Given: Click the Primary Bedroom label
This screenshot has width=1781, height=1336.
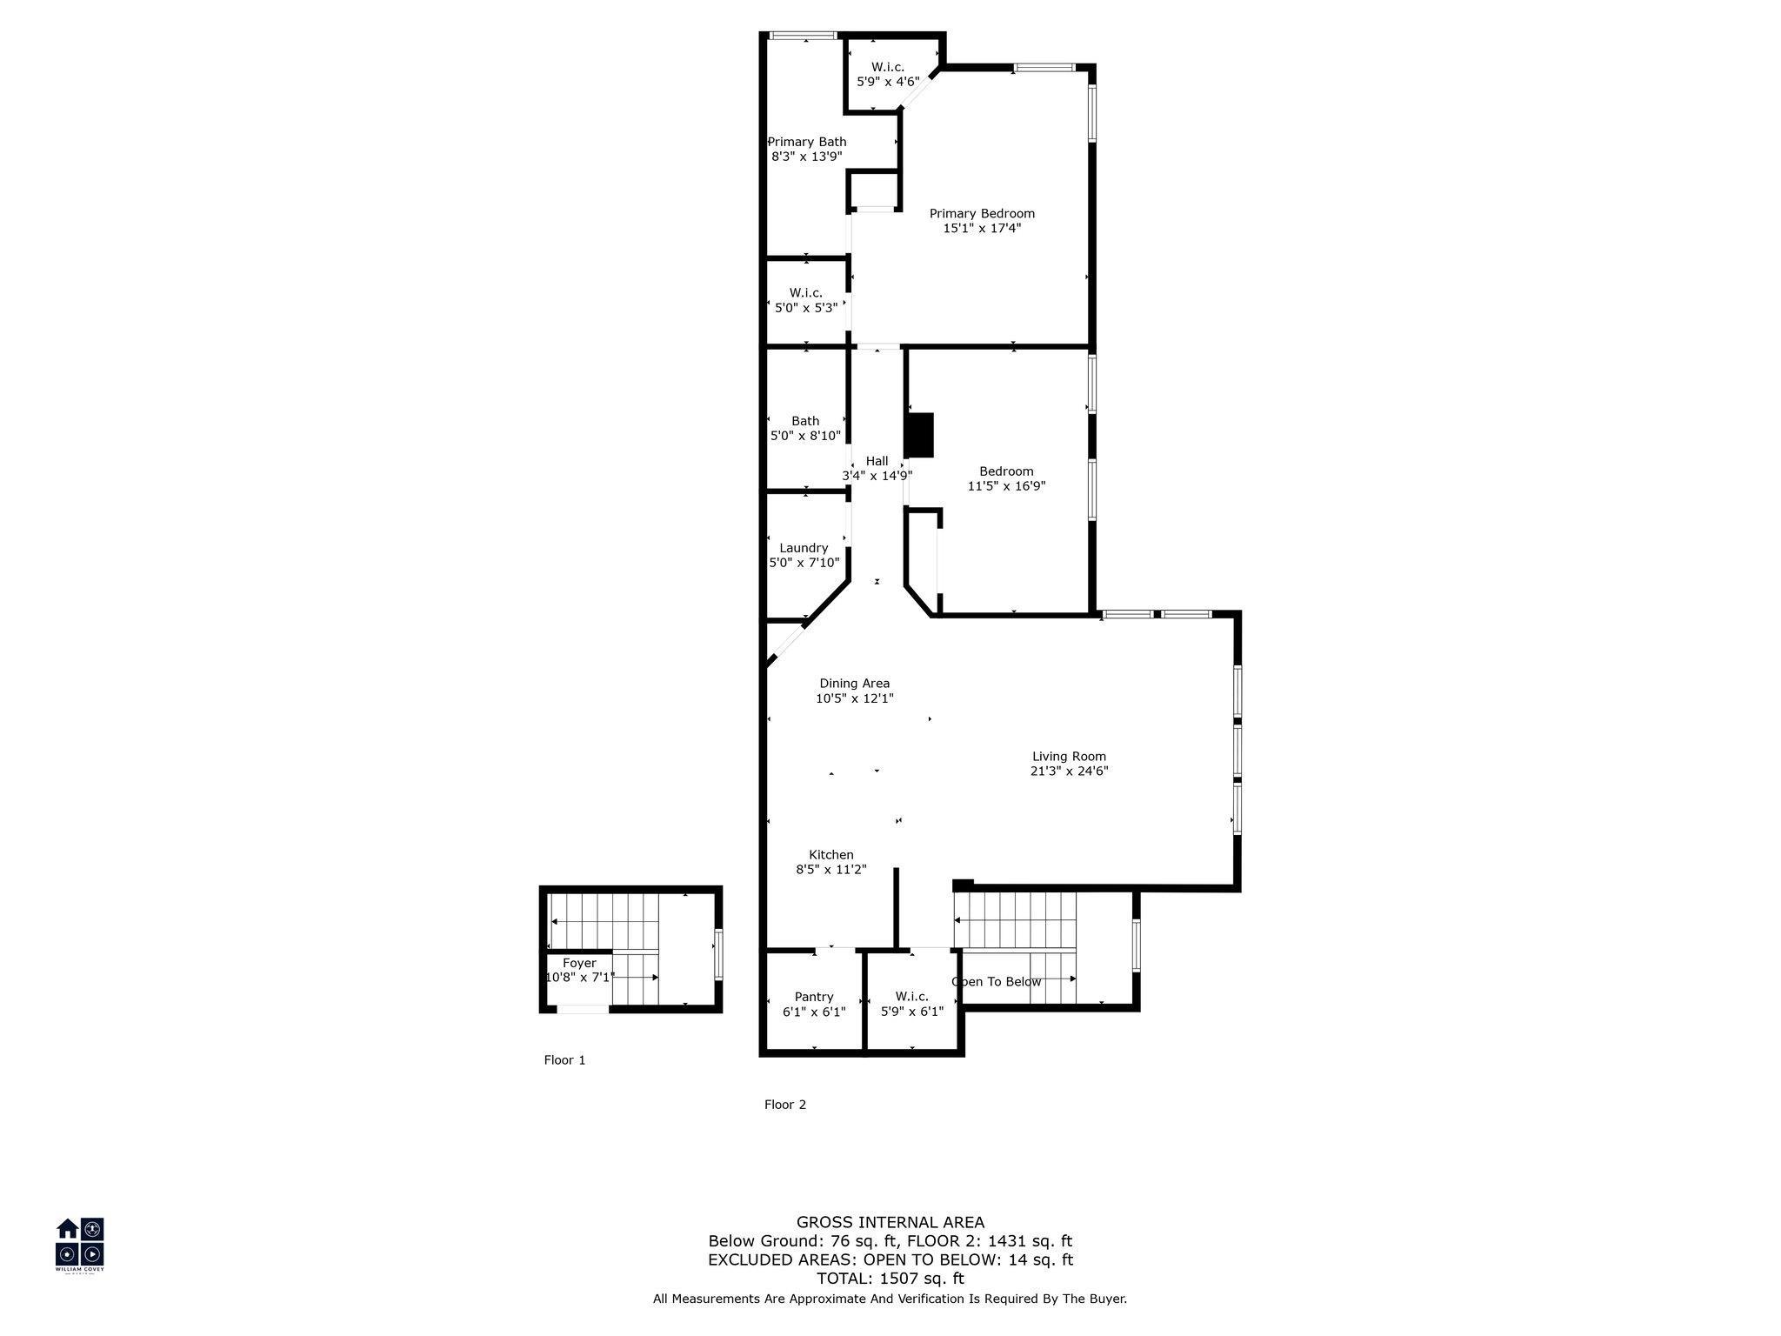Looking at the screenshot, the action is (x=982, y=213).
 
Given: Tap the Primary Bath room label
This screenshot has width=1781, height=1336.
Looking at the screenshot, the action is (x=807, y=142).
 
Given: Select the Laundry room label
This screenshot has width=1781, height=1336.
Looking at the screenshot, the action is (x=804, y=548).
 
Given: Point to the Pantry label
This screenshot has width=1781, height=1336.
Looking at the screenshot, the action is (x=814, y=997).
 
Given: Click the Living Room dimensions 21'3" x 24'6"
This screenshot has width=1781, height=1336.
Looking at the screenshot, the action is (x=1069, y=771).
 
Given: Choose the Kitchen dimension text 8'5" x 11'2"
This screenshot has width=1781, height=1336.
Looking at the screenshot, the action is (x=831, y=869).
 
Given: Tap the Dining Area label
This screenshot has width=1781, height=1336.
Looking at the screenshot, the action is (x=855, y=684).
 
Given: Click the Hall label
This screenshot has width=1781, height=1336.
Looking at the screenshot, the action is (x=877, y=461).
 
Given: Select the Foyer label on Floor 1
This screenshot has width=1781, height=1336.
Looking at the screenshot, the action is (x=579, y=963).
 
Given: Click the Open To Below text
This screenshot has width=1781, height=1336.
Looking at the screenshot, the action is (x=997, y=982).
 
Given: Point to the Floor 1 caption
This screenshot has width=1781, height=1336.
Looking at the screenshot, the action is (x=565, y=1060).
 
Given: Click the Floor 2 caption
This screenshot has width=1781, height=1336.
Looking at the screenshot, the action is (x=785, y=1105).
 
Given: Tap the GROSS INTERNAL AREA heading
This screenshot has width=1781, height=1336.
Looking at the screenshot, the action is (x=890, y=1223).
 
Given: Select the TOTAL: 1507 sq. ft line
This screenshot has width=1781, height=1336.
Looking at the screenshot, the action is (x=890, y=1279).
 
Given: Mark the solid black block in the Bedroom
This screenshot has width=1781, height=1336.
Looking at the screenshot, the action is (x=919, y=435).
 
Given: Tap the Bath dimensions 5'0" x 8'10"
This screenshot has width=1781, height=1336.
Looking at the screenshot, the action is (x=805, y=436).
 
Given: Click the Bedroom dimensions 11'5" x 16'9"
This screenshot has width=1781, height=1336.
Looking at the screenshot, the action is (x=1006, y=486).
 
